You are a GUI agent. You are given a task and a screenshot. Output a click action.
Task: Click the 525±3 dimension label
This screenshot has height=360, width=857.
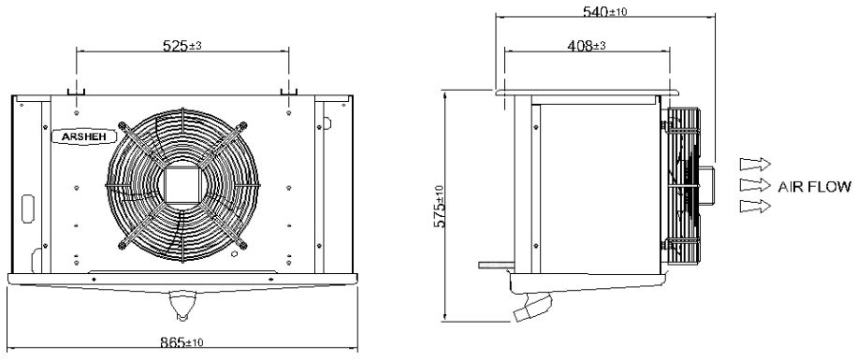coord(182,46)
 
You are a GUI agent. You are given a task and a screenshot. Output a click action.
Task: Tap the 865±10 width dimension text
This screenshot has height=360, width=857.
coord(182,342)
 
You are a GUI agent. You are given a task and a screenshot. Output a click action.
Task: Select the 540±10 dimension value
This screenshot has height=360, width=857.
coord(605,11)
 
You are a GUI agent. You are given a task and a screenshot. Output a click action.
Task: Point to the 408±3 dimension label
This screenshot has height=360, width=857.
coord(587,46)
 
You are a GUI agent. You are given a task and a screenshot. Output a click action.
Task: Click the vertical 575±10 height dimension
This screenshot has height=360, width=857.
coord(441,206)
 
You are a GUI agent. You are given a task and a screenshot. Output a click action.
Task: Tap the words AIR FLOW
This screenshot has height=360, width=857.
coord(814,187)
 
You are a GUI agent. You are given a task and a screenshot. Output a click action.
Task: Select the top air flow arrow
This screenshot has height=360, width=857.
coord(755,164)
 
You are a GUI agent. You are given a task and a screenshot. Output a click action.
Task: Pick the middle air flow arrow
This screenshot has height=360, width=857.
coord(755,184)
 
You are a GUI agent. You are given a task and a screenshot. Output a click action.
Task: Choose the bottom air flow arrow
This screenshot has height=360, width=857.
coord(755,206)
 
